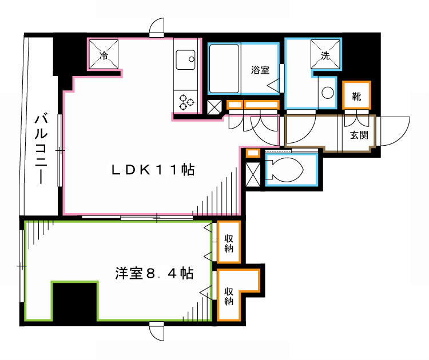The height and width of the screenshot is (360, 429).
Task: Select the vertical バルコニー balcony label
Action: [x=41, y=149]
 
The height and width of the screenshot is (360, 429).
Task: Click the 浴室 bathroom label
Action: [x=260, y=70]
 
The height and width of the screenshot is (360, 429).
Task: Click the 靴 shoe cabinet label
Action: [x=357, y=97]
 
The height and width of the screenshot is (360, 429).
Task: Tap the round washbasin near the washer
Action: [x=328, y=93]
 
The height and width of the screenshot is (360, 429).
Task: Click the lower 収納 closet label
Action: [x=229, y=295]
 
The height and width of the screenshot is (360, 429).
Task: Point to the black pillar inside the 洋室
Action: [x=75, y=303]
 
